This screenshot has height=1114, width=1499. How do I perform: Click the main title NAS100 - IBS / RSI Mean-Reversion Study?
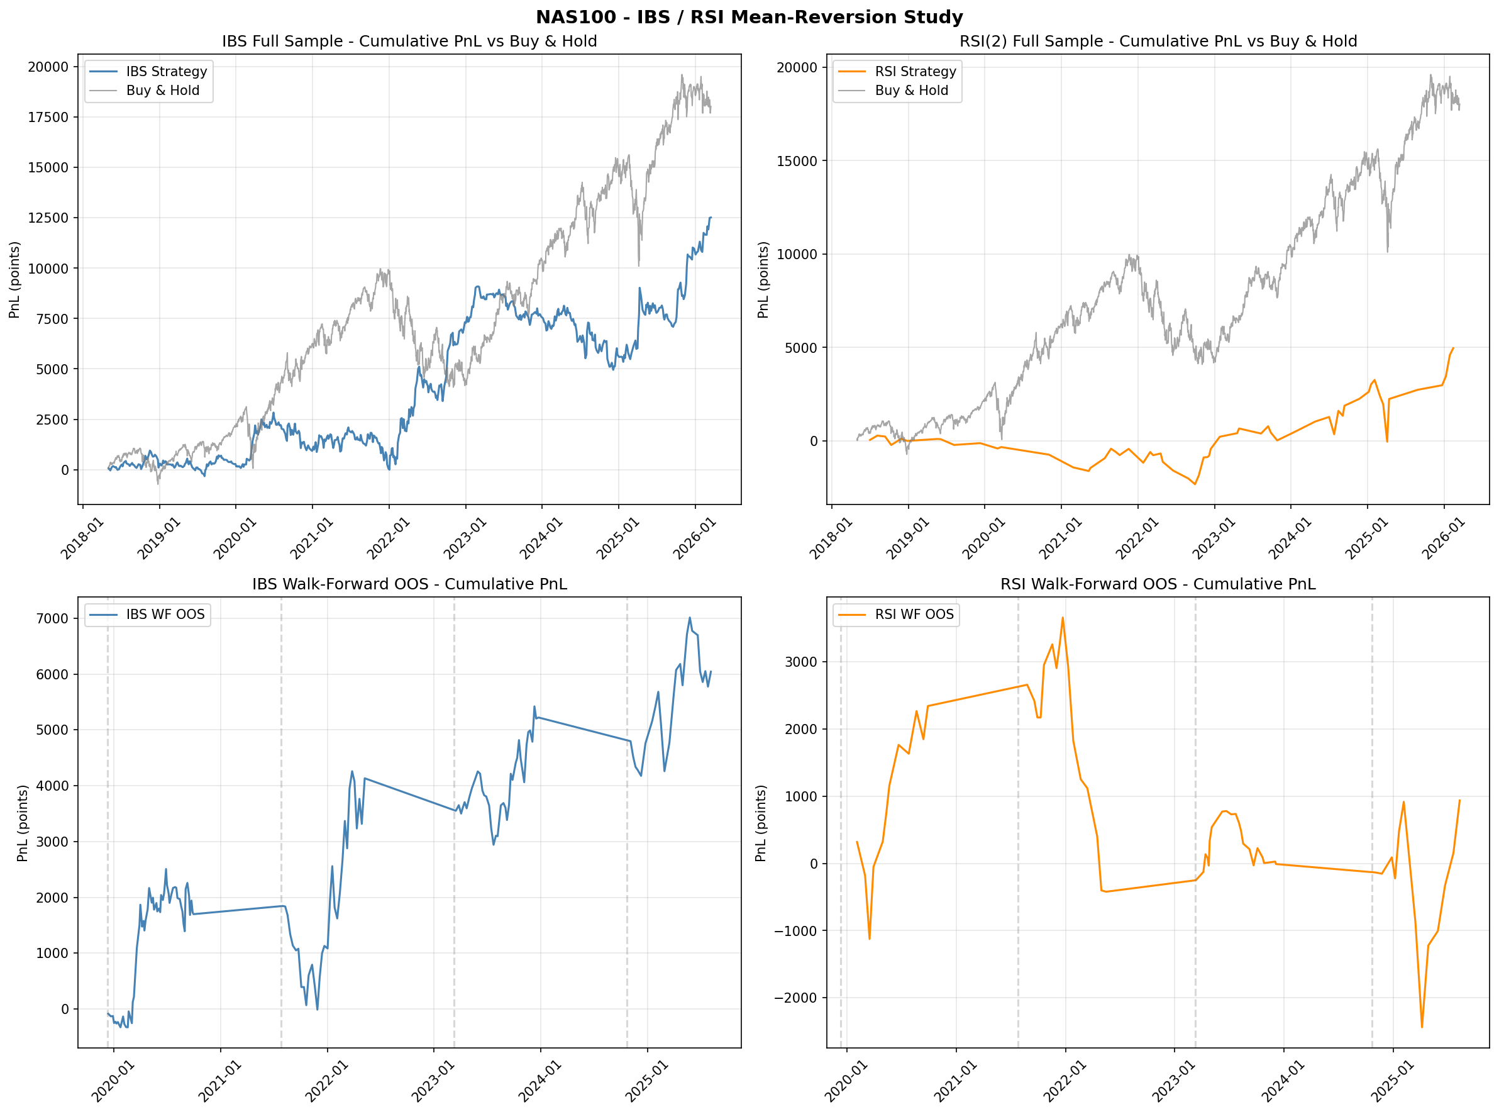(x=749, y=17)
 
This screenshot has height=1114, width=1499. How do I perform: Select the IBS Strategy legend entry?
(x=166, y=72)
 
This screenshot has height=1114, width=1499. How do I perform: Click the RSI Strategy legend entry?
(x=915, y=72)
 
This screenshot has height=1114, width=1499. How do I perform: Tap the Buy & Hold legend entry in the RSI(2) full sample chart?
(x=910, y=91)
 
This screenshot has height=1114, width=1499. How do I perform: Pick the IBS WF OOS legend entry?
(x=165, y=615)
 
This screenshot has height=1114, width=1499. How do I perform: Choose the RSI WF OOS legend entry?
(x=914, y=615)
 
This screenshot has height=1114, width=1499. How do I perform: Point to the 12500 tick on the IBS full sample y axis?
(x=48, y=218)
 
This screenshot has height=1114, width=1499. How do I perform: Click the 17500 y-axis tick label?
(x=48, y=118)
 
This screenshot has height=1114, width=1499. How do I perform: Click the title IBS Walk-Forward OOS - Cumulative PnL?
(x=409, y=584)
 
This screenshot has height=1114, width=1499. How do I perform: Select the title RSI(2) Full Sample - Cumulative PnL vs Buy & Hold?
(x=1158, y=41)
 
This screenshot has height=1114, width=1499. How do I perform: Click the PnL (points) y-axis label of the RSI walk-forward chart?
(x=761, y=823)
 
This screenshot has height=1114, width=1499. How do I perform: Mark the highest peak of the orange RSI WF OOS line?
(x=1063, y=618)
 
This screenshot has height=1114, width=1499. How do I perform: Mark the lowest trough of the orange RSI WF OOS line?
(x=1422, y=1027)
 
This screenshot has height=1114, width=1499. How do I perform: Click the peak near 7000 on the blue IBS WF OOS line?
(x=690, y=618)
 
